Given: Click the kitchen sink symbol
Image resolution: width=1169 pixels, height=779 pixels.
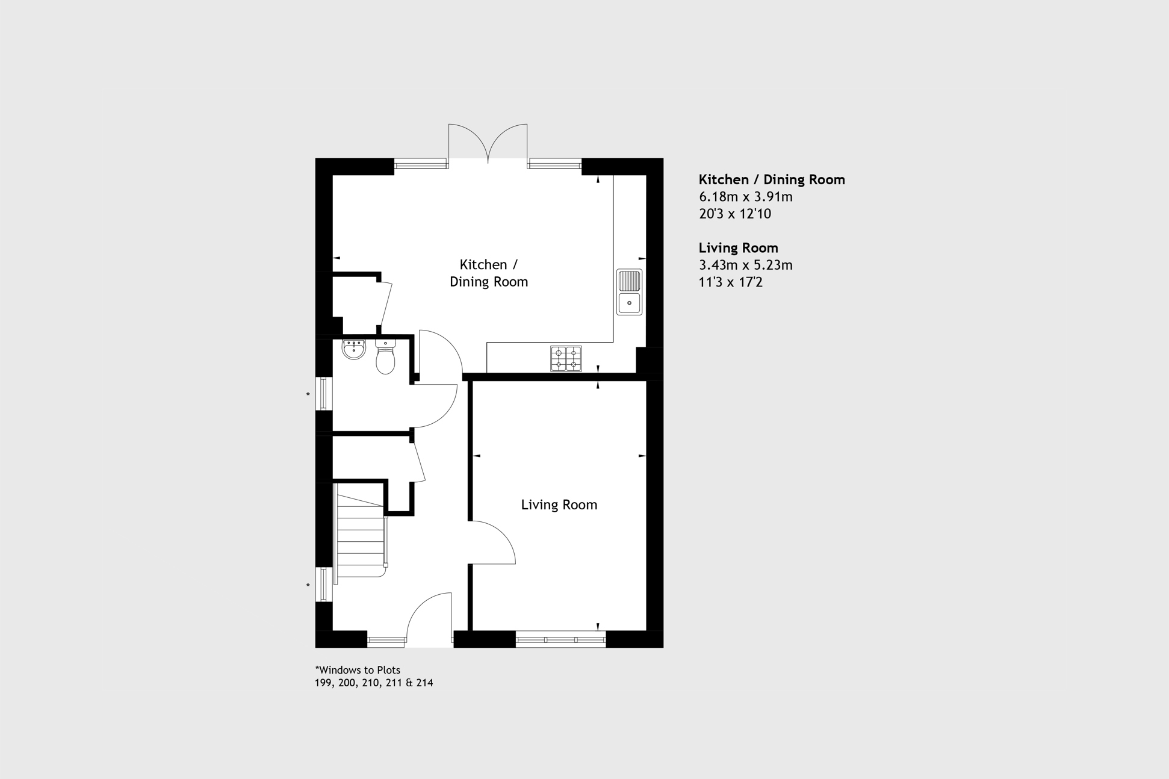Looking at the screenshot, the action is [x=629, y=292].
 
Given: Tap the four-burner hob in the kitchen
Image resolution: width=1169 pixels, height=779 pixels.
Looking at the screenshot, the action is [x=566, y=358].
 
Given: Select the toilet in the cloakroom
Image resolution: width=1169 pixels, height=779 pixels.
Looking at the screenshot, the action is [x=385, y=356].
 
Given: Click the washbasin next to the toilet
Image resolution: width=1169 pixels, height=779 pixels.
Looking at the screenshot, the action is [x=354, y=349].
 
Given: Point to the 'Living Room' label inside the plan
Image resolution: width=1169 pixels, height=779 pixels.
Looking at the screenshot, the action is [x=559, y=504].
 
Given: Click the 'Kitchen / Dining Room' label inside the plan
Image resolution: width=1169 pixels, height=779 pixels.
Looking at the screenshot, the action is [x=489, y=273].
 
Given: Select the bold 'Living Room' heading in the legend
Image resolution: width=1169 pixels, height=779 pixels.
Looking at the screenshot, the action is [x=738, y=247].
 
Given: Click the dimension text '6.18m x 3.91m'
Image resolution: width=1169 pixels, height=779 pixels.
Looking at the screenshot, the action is [x=745, y=196].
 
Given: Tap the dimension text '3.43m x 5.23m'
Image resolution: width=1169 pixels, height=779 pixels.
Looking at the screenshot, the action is [x=745, y=265].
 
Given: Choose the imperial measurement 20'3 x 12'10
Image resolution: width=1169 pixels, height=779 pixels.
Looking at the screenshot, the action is [x=734, y=214].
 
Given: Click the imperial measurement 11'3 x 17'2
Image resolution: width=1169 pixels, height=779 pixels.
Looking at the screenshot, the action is [x=730, y=282].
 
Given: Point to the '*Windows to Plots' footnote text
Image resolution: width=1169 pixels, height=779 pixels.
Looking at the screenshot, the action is [x=358, y=670].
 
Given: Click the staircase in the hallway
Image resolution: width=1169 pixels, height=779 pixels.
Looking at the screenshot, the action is [x=360, y=533].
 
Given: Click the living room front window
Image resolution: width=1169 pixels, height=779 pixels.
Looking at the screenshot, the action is [x=560, y=639].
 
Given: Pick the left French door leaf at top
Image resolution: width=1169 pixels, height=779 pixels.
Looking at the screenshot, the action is [x=468, y=143].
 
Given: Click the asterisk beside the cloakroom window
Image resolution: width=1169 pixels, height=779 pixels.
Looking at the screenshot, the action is [x=308, y=395].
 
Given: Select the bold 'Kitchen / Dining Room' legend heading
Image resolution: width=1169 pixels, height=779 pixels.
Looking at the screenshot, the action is [x=772, y=179].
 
